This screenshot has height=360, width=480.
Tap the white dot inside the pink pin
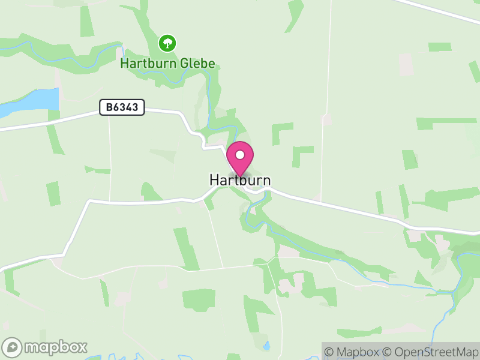click(240, 155)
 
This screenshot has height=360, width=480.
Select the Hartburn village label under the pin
click(240, 180)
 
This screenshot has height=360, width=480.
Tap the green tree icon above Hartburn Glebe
click(167, 43)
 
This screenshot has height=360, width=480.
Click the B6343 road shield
click(122, 108)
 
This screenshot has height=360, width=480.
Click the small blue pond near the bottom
click(267, 346)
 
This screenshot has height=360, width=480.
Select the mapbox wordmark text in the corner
click(56, 347)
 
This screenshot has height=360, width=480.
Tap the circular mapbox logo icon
click(13, 347)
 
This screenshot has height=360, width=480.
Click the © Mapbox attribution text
click(353, 352)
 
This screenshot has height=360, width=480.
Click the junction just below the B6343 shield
click(109, 116)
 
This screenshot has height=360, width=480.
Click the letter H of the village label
click(214, 180)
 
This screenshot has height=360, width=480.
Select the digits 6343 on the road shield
click(128, 108)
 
